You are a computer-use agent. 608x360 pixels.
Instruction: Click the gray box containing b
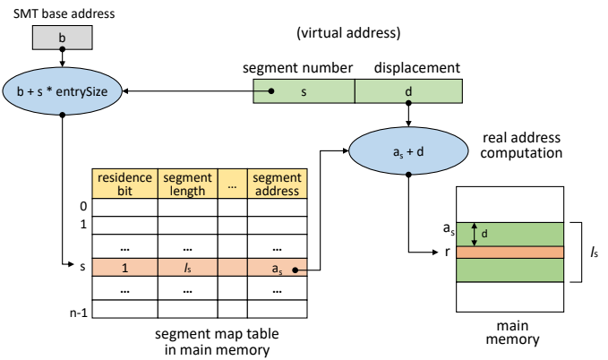(x=62, y=38)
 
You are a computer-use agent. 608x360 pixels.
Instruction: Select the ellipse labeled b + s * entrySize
(x=62, y=91)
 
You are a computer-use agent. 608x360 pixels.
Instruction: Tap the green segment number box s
(x=304, y=91)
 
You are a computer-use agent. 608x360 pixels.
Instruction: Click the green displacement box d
(x=408, y=91)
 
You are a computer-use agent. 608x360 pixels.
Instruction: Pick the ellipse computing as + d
(x=408, y=151)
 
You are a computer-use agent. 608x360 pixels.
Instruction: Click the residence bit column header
(x=124, y=184)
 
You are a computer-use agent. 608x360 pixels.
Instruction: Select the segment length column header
(x=188, y=184)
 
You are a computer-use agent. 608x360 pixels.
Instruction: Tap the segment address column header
(x=278, y=184)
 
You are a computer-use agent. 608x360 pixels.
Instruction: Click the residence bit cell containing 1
(x=124, y=268)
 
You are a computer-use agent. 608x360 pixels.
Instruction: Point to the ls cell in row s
(x=188, y=268)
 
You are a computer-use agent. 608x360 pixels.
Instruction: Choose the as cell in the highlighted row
(x=278, y=268)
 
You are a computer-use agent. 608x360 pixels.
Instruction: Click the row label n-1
(x=79, y=313)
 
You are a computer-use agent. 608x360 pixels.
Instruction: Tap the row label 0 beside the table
(x=83, y=206)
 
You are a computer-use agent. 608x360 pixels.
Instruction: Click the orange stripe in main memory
(x=510, y=253)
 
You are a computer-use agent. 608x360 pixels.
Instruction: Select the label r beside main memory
(x=448, y=253)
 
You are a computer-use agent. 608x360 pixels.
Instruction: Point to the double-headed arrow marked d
(x=474, y=235)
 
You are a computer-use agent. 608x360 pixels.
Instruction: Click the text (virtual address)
(x=348, y=32)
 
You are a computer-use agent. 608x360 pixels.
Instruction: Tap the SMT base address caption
(x=64, y=13)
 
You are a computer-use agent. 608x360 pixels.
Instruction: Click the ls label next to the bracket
(x=594, y=253)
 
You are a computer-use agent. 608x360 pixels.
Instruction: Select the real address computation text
(x=521, y=145)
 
